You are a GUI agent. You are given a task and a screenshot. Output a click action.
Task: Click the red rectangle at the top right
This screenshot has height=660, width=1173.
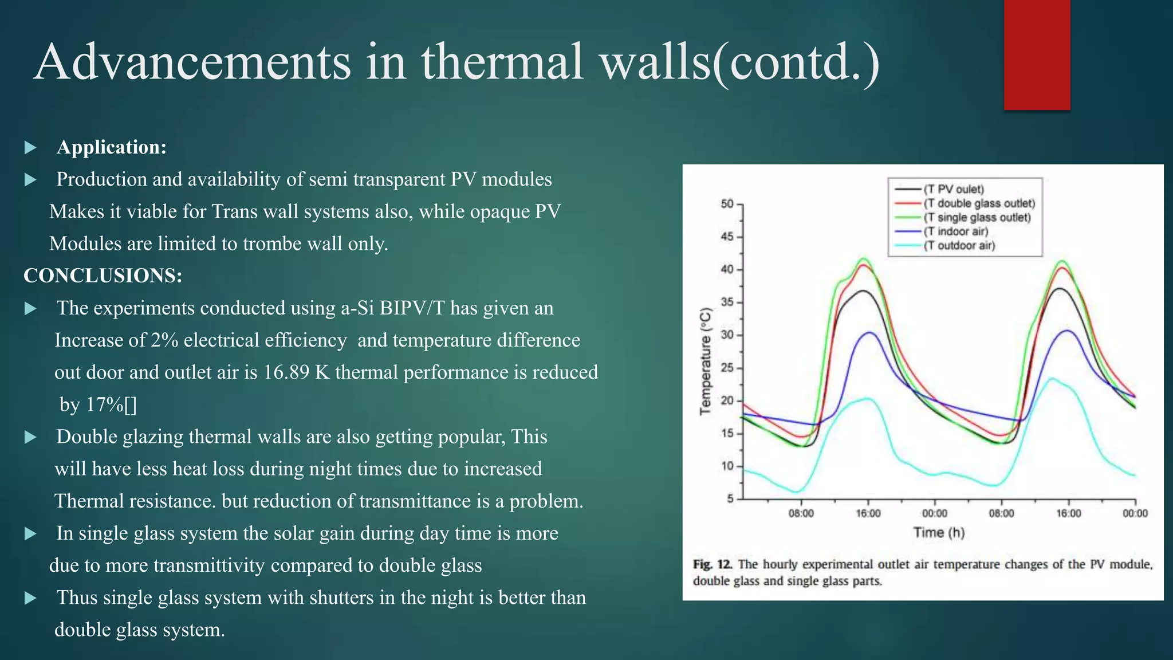point(1037,54)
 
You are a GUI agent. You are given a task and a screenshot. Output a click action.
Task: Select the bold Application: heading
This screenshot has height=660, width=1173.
point(112,147)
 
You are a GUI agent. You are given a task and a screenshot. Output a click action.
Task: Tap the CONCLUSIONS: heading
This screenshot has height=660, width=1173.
point(103,276)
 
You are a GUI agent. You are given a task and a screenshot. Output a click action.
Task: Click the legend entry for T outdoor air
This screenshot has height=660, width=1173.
point(961,246)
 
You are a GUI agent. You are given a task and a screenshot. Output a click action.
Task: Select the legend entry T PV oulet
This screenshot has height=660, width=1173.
point(955,190)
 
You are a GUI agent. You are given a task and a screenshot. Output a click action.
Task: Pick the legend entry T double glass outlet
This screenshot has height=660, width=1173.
point(980,203)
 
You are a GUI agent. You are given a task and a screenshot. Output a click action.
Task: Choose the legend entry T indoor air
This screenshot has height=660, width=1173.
point(956,231)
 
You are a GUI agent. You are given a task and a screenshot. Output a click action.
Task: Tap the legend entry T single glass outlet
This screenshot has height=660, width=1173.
point(978,218)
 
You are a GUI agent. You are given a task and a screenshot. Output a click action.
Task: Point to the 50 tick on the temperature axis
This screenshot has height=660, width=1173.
point(727,204)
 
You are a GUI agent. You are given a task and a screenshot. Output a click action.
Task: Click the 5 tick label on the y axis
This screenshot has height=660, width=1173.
point(730,499)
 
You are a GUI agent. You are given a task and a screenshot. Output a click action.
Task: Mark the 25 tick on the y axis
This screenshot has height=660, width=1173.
point(727,368)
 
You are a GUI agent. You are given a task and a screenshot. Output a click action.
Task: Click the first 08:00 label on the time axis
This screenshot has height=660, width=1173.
point(801,513)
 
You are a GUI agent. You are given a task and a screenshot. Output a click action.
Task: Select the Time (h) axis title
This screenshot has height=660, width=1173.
point(939,533)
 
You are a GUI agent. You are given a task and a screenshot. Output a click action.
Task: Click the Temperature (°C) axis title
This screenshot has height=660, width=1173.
point(706,361)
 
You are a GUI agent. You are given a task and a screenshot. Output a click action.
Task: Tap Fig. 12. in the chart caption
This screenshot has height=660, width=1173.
point(713,564)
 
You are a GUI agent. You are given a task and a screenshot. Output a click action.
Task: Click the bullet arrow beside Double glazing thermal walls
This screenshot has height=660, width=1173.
point(31,438)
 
